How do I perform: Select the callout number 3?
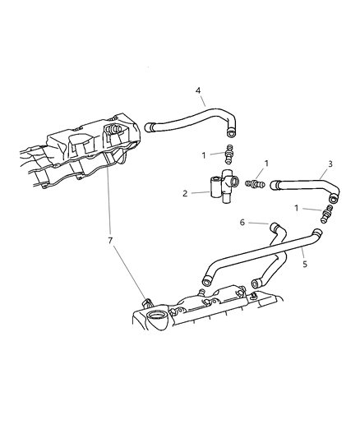330,164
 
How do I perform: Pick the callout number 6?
242,222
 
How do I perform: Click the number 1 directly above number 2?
205,154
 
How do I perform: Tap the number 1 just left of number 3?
265,164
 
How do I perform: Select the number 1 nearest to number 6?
296,208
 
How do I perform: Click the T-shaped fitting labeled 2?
219,186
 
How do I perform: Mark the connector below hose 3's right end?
328,215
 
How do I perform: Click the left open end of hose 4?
150,127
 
